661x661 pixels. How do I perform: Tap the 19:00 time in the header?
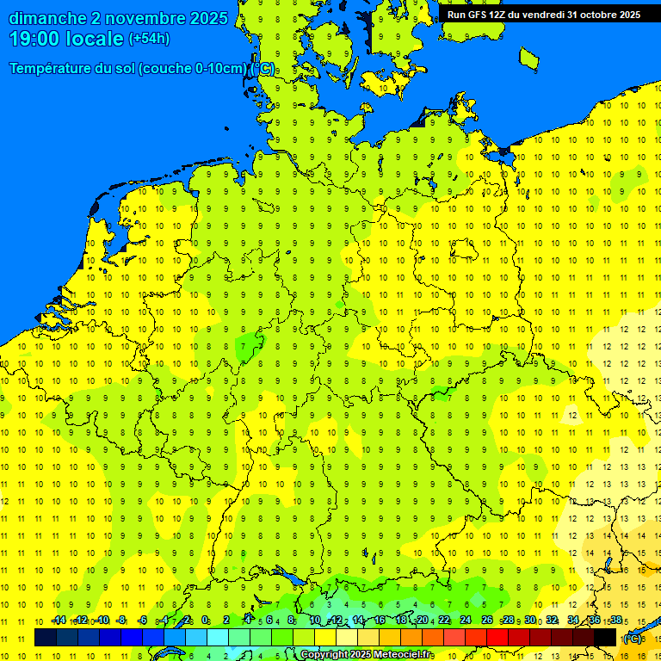34,39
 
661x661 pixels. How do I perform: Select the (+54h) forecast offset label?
149,39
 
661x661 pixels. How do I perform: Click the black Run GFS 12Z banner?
543,15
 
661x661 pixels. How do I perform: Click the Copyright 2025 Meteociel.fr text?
367,655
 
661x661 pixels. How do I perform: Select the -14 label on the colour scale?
59,621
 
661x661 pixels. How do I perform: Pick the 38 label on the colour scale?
615,621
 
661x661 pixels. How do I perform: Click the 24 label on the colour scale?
466,621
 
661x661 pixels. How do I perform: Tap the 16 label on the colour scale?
380,621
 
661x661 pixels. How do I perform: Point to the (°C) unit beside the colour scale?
633,639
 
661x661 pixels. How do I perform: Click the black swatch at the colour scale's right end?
605,637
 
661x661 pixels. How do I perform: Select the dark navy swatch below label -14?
46,637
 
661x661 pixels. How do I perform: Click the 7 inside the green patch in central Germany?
244,346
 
